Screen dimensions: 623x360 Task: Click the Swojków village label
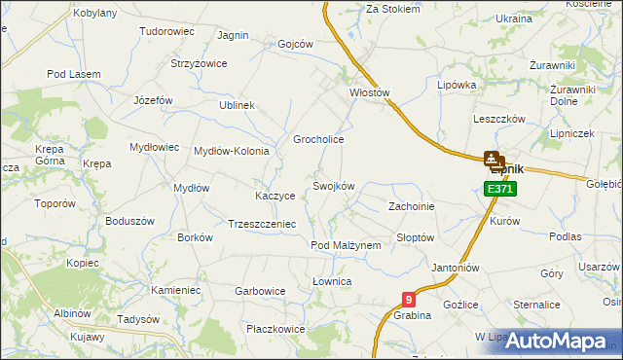[x=333, y=186]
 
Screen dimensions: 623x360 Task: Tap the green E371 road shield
[x=499, y=188]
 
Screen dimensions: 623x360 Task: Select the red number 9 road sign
[x=408, y=301]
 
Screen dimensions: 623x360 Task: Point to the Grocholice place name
[x=319, y=140]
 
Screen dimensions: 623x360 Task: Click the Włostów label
[x=369, y=93]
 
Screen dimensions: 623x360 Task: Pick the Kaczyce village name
[x=275, y=196]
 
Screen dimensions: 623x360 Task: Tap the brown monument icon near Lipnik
[x=494, y=160]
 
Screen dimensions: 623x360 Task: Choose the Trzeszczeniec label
[x=261, y=223]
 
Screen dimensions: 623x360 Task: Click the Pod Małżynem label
[x=346, y=246]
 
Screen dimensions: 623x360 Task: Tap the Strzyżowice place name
[x=199, y=64]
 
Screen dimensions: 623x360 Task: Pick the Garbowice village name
[x=260, y=291]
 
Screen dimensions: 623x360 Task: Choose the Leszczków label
[x=499, y=119]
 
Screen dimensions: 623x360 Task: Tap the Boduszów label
[x=130, y=221]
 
